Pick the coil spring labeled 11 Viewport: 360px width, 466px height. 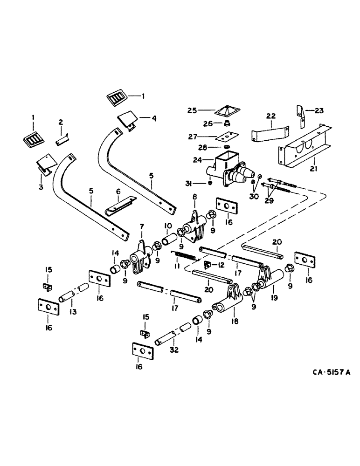183,256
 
